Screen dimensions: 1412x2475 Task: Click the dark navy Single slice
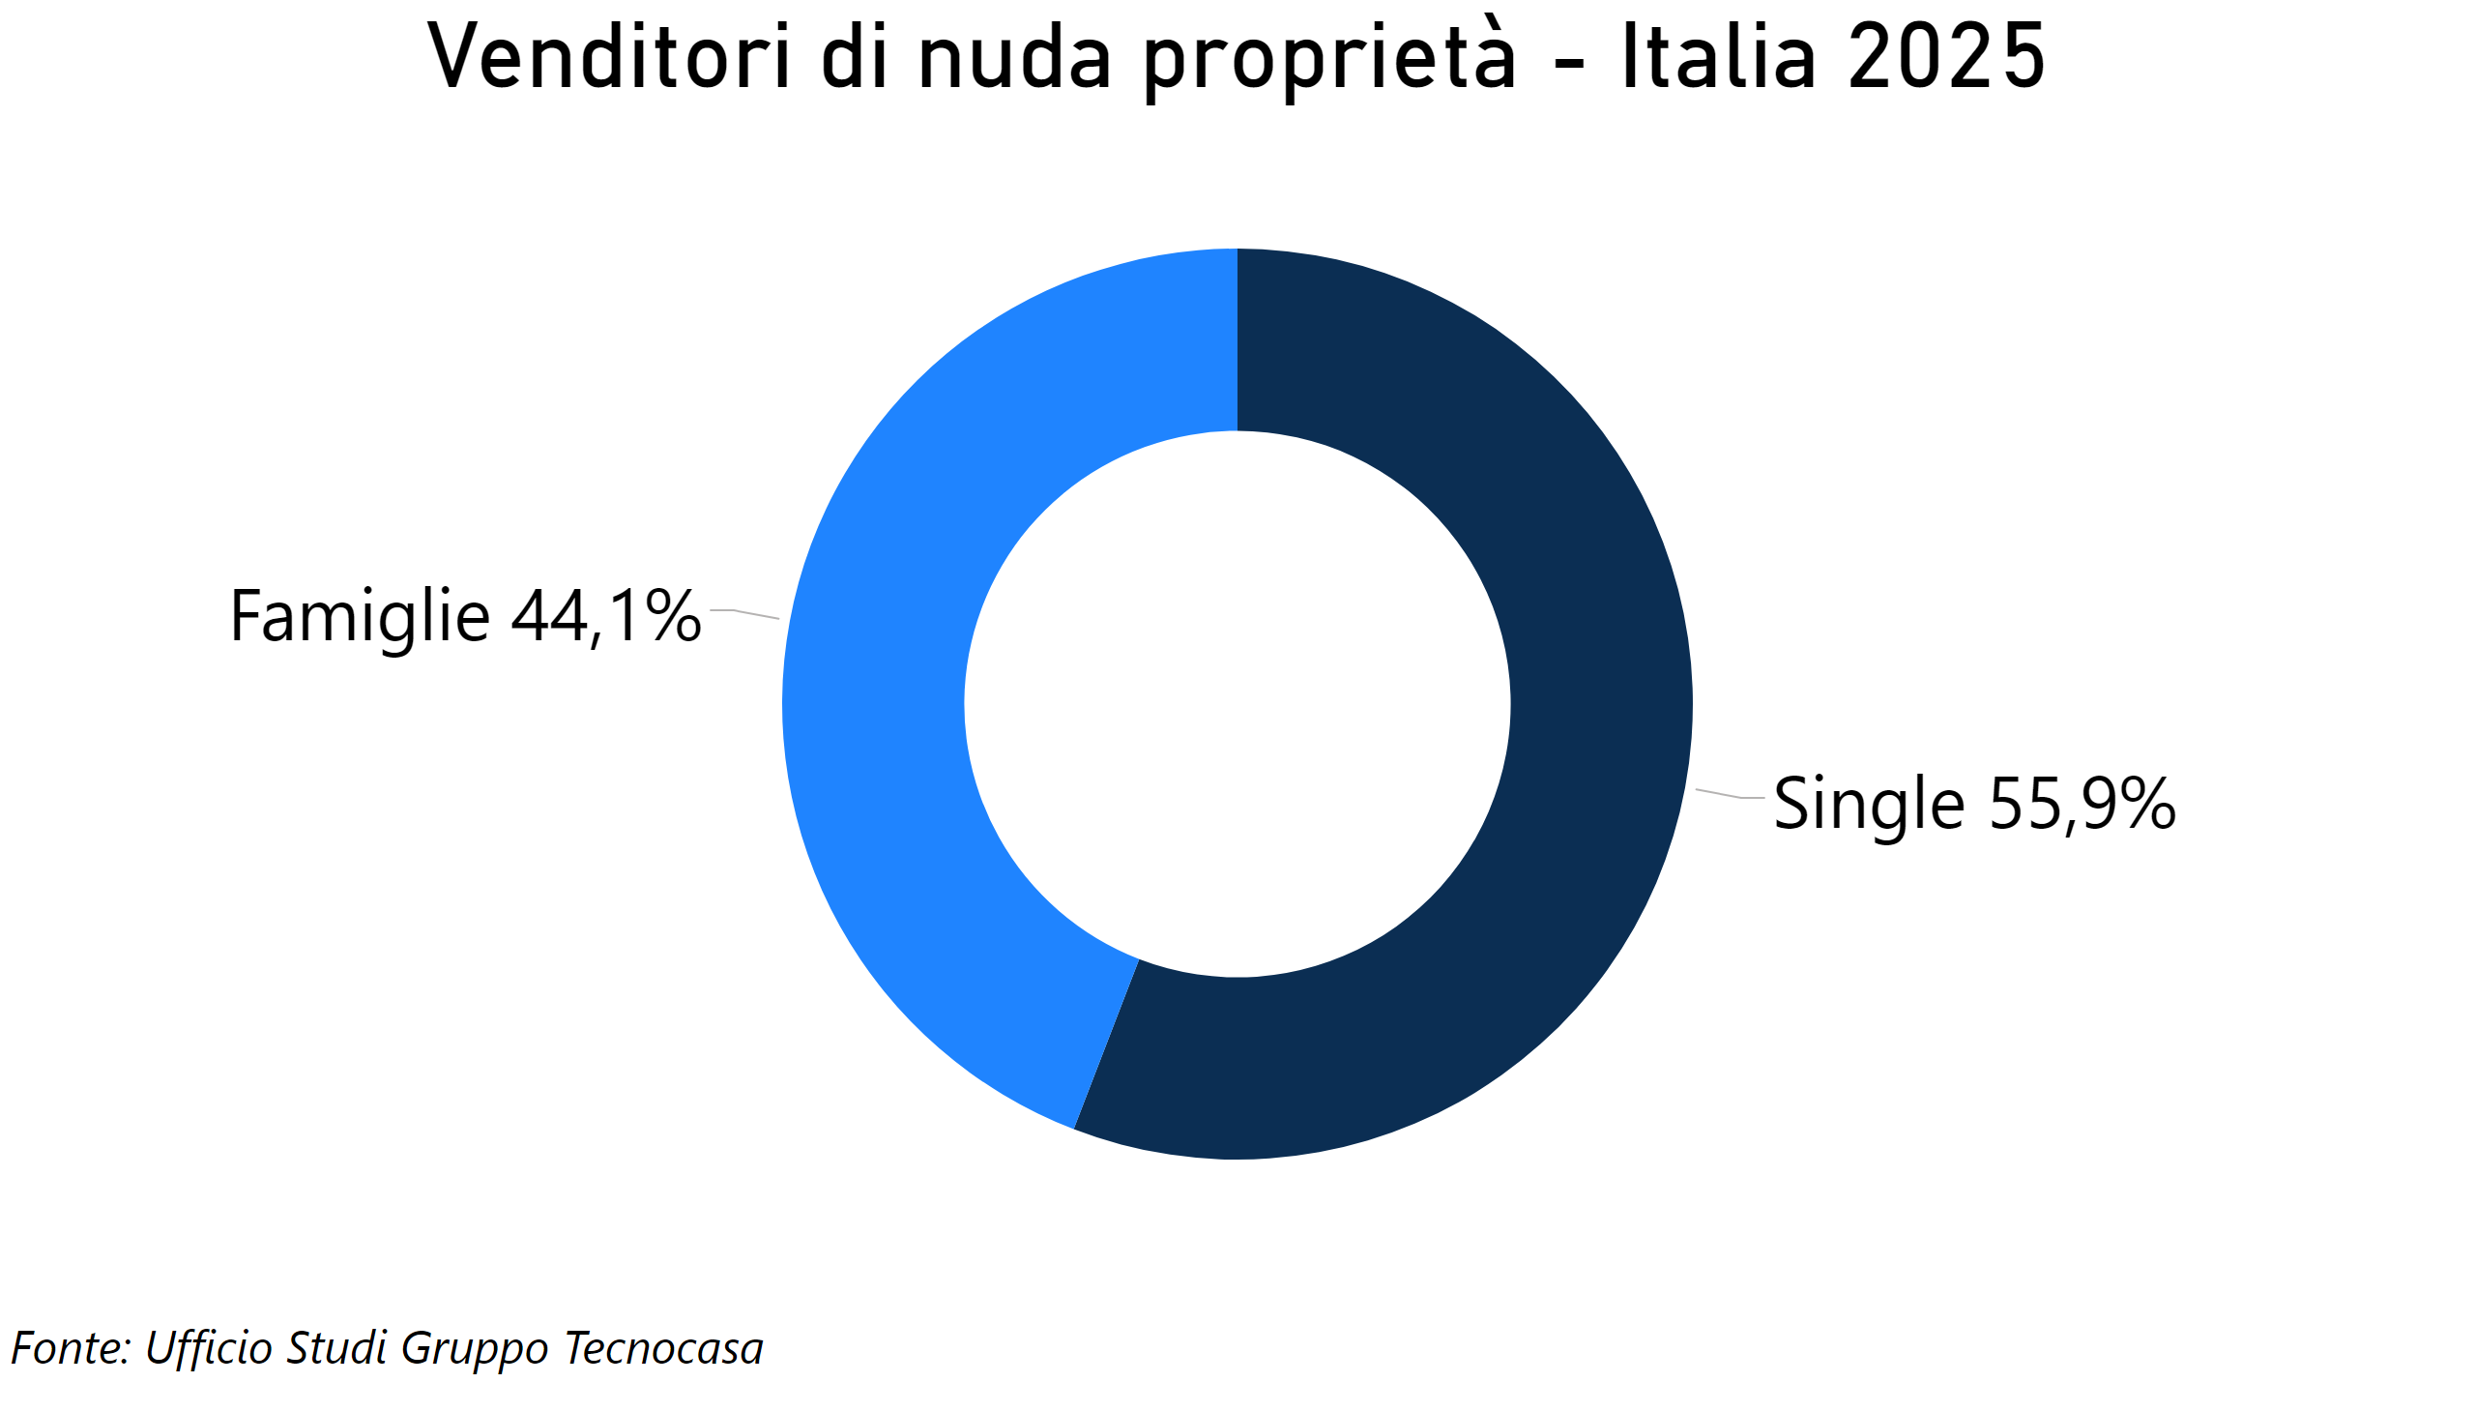[1551, 776]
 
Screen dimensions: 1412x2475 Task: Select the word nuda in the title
[1014, 58]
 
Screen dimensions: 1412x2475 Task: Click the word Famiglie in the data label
[360, 617]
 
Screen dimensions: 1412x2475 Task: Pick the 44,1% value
[606, 617]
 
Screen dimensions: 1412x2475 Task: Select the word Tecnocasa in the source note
[663, 1348]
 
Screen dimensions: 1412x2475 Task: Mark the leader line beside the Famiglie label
[744, 613]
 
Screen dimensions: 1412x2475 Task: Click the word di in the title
[854, 58]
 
